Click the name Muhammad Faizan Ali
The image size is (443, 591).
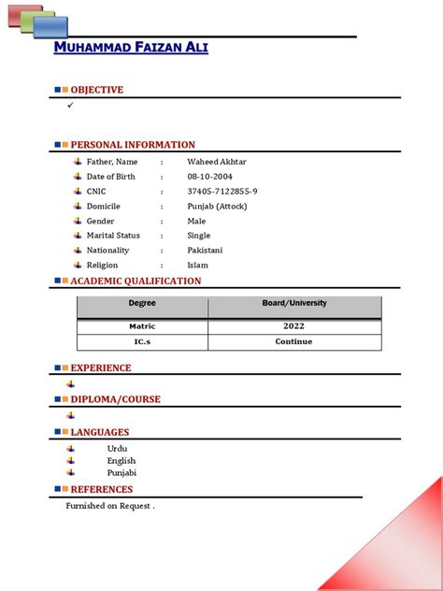click(x=131, y=48)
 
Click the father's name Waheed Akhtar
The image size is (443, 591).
click(x=217, y=162)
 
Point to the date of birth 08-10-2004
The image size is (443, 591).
click(x=209, y=177)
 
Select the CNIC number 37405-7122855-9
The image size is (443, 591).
click(x=222, y=192)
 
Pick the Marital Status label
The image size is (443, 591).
click(x=113, y=236)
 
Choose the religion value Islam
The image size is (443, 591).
click(x=197, y=266)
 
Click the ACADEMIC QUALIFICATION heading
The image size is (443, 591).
click(x=136, y=281)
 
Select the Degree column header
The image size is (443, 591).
click(x=142, y=304)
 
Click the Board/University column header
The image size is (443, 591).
click(x=294, y=304)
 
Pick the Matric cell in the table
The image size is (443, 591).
click(x=142, y=326)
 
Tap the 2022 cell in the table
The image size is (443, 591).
click(x=294, y=326)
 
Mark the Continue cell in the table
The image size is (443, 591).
click(x=294, y=341)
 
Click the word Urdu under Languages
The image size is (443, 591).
click(x=118, y=449)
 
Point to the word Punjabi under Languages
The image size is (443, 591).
click(x=121, y=473)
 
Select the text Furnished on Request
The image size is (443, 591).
click(x=109, y=506)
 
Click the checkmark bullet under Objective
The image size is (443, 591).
click(x=70, y=106)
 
